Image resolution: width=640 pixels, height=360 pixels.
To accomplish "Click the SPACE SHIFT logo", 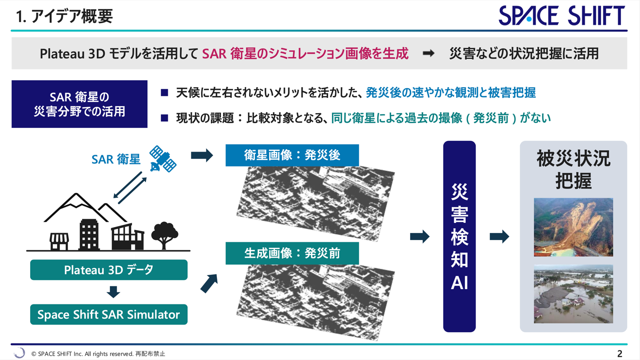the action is (562, 15).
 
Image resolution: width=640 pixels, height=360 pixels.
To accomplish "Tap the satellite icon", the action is (163, 159).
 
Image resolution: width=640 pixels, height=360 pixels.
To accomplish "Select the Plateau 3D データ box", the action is (109, 270).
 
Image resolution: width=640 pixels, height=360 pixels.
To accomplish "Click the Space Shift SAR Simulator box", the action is (109, 314).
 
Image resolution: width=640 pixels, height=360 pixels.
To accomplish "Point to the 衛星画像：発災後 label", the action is (292, 155).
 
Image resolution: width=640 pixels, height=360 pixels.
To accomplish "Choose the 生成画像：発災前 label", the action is (292, 253).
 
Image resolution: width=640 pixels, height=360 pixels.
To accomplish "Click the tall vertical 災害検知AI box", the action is (459, 236).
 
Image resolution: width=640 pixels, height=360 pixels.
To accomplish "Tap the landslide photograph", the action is (573, 227).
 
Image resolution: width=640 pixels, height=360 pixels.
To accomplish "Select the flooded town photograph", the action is (573, 294).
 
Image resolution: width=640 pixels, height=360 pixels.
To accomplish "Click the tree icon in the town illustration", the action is (164, 235).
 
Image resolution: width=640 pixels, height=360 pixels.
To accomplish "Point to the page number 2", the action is (620, 354).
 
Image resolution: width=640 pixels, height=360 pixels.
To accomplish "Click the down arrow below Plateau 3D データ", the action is (113, 292).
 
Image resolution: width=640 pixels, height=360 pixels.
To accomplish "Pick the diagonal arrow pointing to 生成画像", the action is (209, 284).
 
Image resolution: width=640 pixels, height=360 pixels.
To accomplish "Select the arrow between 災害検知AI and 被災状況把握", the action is (499, 236).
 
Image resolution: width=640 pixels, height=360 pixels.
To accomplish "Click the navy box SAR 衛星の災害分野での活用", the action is (79, 104).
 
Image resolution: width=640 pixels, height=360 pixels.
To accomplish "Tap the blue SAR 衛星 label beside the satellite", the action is (116, 159).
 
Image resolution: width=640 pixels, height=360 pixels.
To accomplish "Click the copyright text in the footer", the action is (98, 354).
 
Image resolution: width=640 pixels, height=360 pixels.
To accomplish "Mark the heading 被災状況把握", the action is (573, 170).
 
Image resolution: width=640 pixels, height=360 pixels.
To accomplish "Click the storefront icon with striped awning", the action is (59, 241).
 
